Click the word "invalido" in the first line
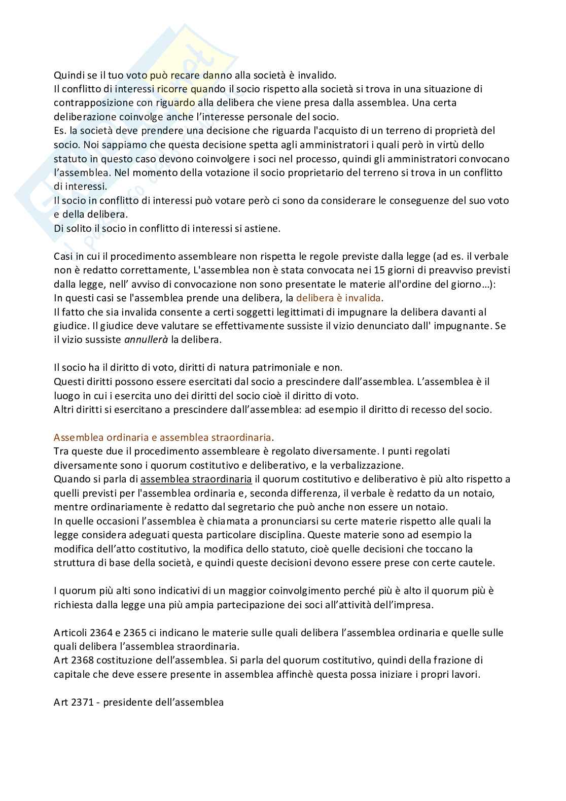(x=317, y=75)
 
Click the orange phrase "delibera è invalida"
(x=339, y=298)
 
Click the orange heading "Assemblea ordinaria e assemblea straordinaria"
(x=163, y=437)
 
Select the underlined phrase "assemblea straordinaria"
(x=196, y=479)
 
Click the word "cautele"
(x=476, y=563)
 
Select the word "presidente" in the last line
(x=125, y=703)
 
